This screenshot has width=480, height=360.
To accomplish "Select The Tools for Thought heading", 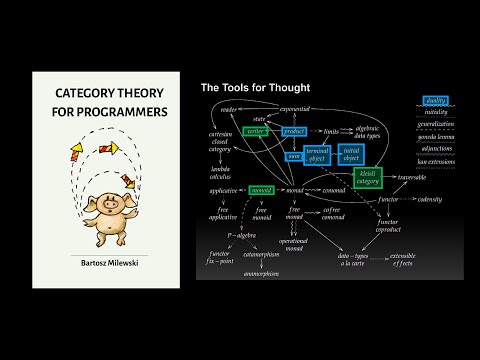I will (x=255, y=88).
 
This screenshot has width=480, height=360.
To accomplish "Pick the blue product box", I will (x=293, y=131).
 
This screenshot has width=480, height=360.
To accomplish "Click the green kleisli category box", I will (x=369, y=177).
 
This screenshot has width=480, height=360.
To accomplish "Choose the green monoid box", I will (x=262, y=190).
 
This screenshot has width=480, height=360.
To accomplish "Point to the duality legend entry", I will (x=436, y=101).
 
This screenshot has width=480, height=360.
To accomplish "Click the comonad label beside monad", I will (x=332, y=190).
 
